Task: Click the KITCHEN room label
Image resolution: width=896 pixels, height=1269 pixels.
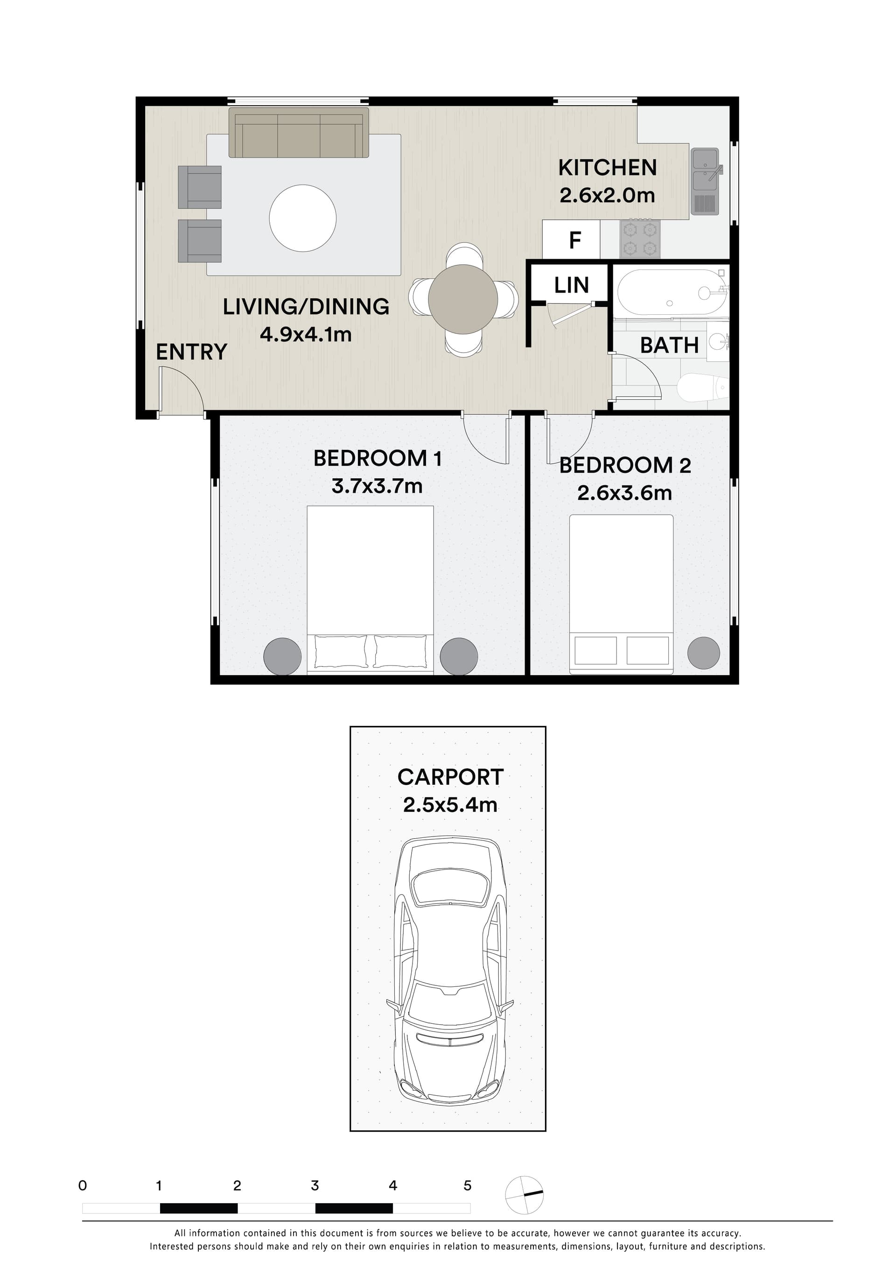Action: pyautogui.click(x=607, y=168)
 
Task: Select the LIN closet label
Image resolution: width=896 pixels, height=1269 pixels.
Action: pyautogui.click(x=571, y=285)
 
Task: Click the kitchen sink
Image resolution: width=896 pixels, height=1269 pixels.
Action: pyautogui.click(x=704, y=181)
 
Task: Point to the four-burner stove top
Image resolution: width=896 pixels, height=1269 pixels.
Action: pyautogui.click(x=640, y=239)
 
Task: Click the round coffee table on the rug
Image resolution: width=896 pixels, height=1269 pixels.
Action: pyautogui.click(x=303, y=218)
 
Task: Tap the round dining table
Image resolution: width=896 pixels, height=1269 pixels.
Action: pyautogui.click(x=463, y=299)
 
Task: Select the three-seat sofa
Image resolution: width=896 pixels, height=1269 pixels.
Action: pyautogui.click(x=299, y=134)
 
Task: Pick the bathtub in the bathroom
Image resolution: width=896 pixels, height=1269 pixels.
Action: pyautogui.click(x=671, y=292)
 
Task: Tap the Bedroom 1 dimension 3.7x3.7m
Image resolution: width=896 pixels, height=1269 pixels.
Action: pyautogui.click(x=377, y=486)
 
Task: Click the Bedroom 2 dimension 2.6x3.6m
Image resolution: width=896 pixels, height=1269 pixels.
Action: pyautogui.click(x=624, y=493)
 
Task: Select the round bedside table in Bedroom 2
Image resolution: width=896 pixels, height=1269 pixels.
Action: pyautogui.click(x=703, y=653)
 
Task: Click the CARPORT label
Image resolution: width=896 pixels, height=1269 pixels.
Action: pyautogui.click(x=450, y=777)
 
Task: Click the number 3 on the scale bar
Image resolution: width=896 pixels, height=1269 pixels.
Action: pyautogui.click(x=315, y=1185)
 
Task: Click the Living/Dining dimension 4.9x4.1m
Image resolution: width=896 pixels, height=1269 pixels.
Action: pyautogui.click(x=306, y=334)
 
